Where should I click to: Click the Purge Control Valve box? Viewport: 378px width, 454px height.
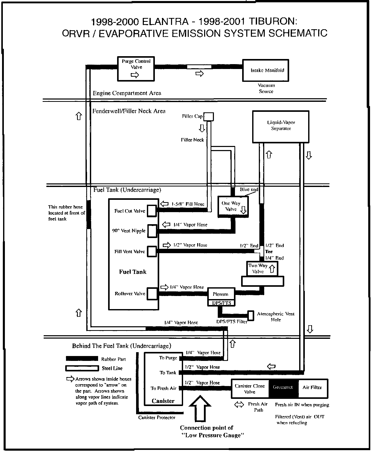click(x=136, y=68)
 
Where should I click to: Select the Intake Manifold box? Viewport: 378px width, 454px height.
click(x=266, y=70)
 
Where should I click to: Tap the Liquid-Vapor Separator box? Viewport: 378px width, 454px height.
click(x=281, y=127)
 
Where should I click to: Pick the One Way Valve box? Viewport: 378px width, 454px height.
click(x=233, y=207)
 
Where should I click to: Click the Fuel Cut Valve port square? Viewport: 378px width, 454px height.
click(x=152, y=211)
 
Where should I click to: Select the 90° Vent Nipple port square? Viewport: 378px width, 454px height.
click(x=152, y=231)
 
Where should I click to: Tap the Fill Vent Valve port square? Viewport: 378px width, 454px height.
click(x=152, y=251)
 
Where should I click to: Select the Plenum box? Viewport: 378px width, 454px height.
click(x=221, y=294)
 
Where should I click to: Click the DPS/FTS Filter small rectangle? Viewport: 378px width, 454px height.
click(x=251, y=315)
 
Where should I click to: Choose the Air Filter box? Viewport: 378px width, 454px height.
click(x=313, y=388)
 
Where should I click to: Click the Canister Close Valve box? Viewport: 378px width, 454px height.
click(x=250, y=389)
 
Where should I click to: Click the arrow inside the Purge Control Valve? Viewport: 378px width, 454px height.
click(x=135, y=75)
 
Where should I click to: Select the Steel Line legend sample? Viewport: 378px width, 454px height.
click(x=82, y=368)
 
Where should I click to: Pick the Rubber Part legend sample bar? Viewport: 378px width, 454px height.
click(x=82, y=358)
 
